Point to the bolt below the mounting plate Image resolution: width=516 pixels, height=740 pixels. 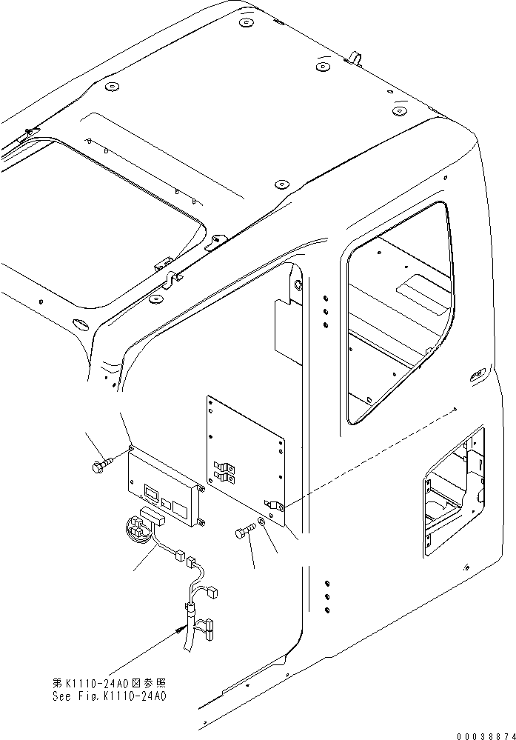(247, 531)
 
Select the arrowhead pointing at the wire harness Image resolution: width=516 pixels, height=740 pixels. (181, 628)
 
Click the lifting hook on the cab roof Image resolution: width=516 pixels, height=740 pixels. (354, 56)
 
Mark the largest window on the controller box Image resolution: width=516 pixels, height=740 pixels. (151, 492)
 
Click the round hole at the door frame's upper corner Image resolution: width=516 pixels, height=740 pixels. (298, 285)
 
